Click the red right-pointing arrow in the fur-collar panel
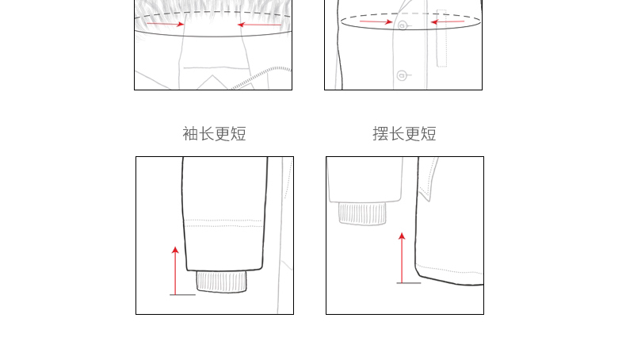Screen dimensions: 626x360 [166, 24]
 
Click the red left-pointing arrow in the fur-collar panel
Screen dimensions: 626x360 [258, 25]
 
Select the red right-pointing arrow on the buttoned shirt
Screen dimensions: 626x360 [376, 21]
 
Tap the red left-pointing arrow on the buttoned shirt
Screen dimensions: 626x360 [448, 22]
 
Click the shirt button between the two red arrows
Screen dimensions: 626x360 [403, 25]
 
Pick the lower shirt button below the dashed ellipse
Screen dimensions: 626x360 [402, 75]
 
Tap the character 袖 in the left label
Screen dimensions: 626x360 [190, 134]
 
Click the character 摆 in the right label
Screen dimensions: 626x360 [380, 134]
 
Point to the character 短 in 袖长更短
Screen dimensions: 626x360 [239, 134]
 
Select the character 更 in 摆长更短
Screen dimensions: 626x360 [413, 134]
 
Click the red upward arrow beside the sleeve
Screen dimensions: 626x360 [175, 270]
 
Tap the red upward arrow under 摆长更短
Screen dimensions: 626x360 [402, 257]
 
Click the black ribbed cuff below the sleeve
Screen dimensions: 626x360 [221, 281]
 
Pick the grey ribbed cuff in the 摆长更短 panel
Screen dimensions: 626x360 [363, 213]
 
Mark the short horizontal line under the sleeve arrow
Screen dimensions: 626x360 [182, 295]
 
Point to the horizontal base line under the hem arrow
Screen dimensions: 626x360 [409, 282]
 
